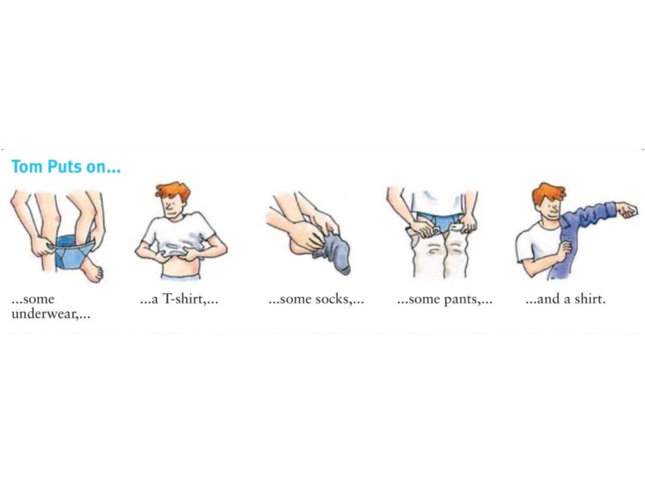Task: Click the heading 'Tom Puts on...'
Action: coord(66,167)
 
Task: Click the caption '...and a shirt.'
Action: coord(566,299)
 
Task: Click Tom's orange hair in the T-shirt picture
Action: coord(173,192)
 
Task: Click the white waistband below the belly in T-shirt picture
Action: coord(181,277)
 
